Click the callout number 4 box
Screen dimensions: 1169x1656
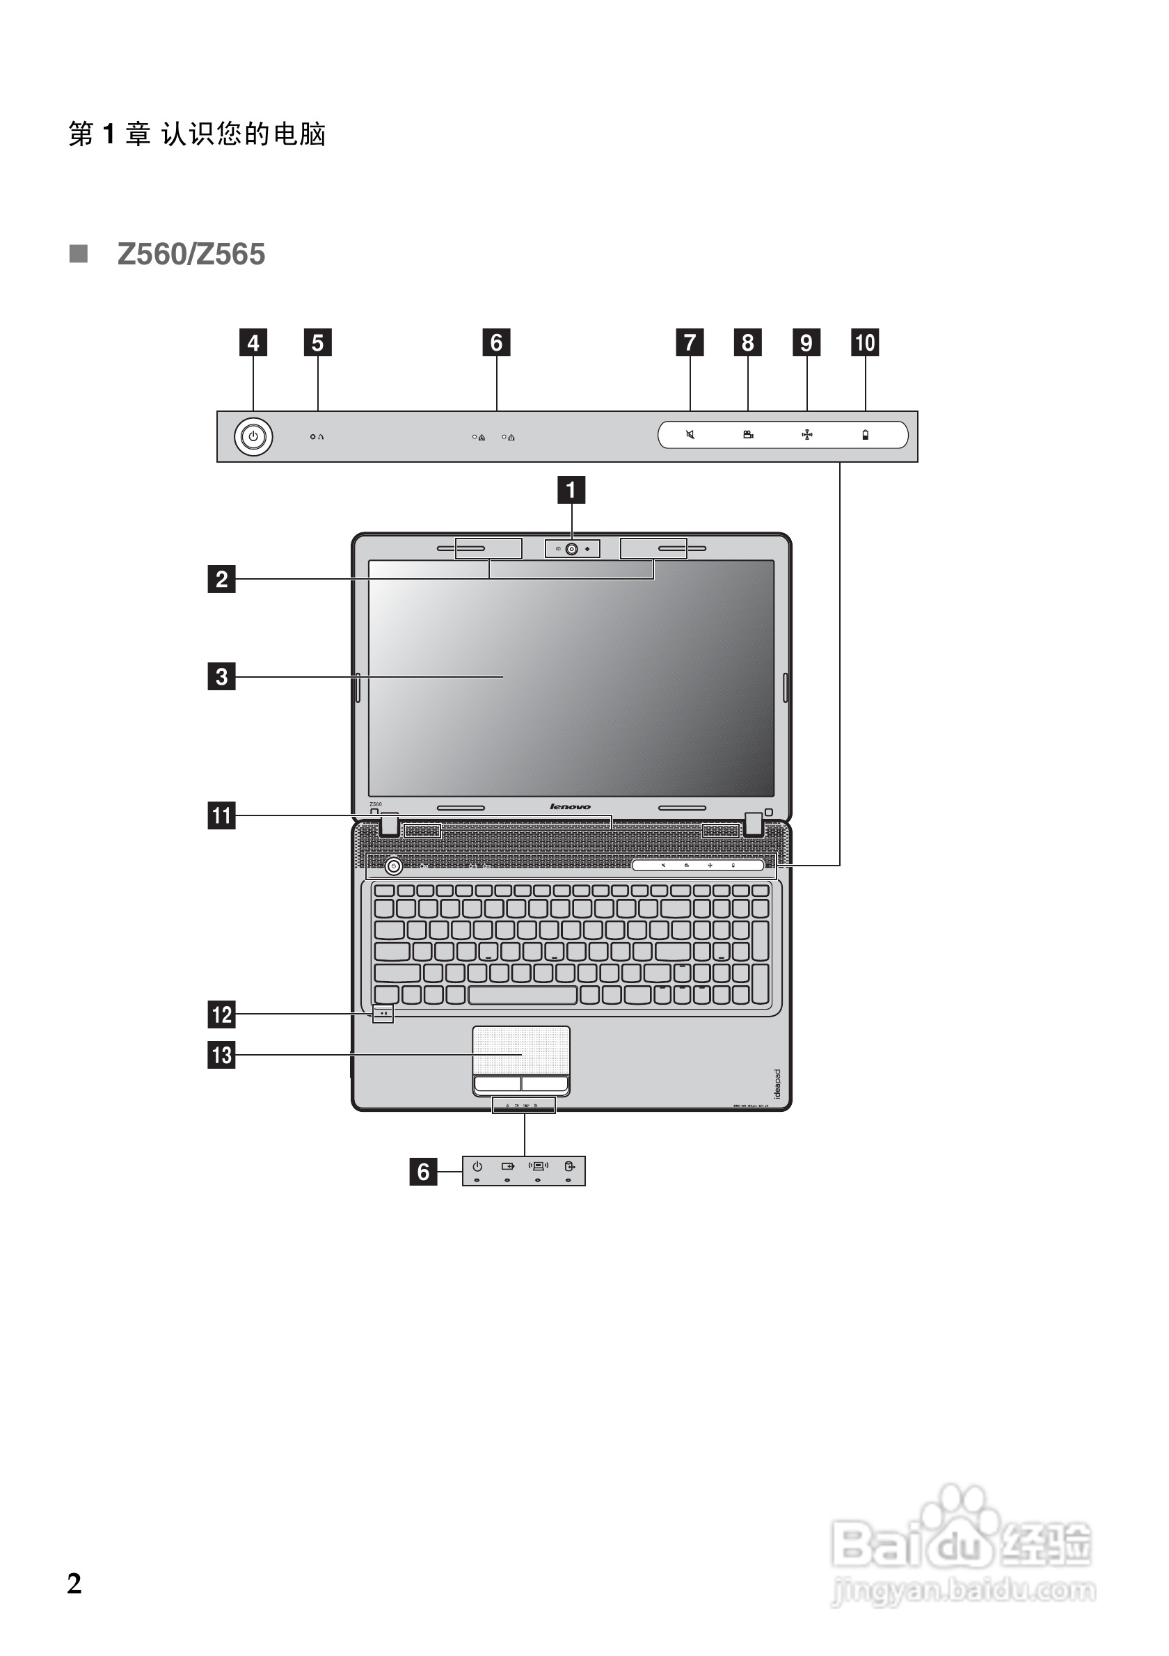point(253,342)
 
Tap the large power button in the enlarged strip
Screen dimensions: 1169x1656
point(253,436)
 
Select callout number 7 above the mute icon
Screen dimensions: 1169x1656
point(690,342)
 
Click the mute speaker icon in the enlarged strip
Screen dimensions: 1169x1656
point(690,435)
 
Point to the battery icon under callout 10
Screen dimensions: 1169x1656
point(866,435)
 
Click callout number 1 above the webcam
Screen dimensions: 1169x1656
point(571,490)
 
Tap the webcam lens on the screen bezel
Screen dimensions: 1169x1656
point(572,549)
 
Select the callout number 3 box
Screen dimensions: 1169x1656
point(221,676)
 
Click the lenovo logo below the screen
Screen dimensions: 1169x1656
point(570,806)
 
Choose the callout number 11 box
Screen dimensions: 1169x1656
point(221,815)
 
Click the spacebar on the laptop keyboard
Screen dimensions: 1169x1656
point(523,995)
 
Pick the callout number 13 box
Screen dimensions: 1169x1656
point(221,1054)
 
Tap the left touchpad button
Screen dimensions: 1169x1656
point(498,1083)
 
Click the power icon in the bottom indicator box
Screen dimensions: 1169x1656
point(477,1165)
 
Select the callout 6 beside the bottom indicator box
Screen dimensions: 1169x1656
point(423,1171)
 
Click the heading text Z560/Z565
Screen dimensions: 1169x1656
point(191,254)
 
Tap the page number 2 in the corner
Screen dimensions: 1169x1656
point(74,1584)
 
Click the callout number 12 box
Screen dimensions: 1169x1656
point(221,1014)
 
